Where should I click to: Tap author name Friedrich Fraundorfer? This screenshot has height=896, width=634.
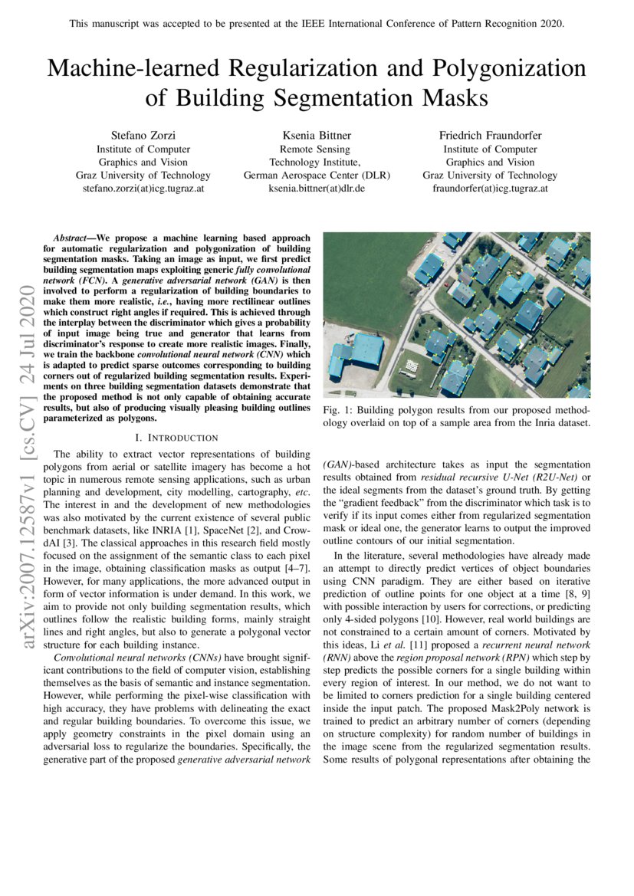tap(490, 136)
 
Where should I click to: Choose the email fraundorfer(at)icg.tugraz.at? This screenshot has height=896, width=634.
tap(490, 188)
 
